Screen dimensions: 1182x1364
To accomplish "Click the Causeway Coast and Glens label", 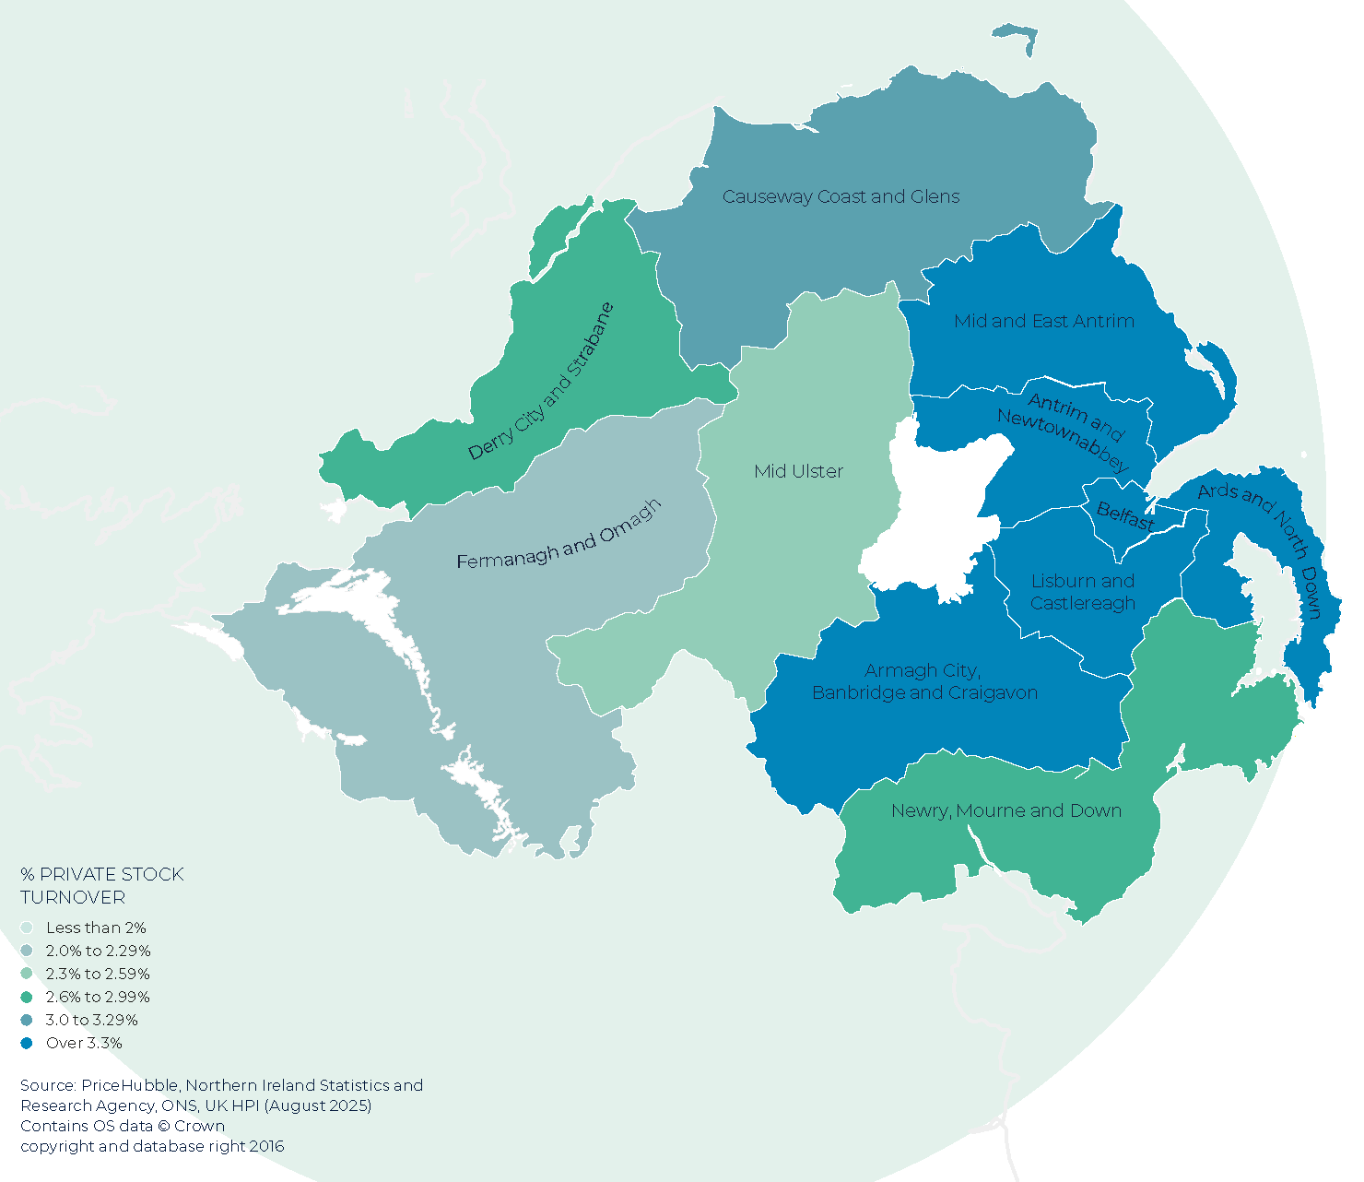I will [x=841, y=196].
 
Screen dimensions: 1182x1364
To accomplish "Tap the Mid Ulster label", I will [x=798, y=471].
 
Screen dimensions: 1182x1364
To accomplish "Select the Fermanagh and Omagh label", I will [x=559, y=536].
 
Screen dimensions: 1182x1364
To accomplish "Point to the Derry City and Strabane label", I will [x=541, y=382].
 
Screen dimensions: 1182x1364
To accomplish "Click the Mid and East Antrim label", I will [x=1043, y=321].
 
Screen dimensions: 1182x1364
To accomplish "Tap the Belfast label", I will [x=1125, y=515].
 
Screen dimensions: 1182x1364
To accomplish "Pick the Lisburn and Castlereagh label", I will [x=1082, y=592].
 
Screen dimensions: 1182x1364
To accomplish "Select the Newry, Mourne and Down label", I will [x=1005, y=810].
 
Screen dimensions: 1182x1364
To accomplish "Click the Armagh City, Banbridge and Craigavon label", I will [x=924, y=681].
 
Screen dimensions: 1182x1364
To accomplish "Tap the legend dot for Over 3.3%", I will [x=27, y=1043].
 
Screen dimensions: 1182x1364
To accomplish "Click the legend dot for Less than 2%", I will [x=27, y=928].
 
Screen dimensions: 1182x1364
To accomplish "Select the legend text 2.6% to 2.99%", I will [x=98, y=997].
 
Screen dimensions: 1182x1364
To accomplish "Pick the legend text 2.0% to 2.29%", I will [x=98, y=951].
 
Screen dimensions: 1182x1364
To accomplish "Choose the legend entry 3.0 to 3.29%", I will [x=91, y=1020].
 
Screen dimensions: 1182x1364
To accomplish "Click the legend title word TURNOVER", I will [x=73, y=897].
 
